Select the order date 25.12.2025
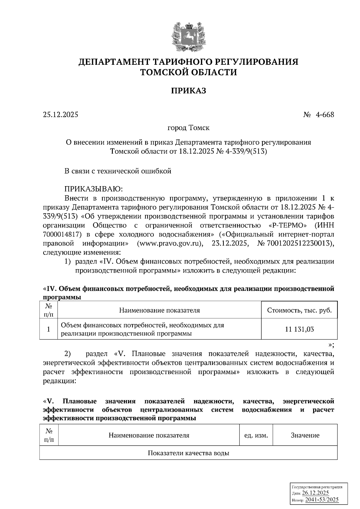60,115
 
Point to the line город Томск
188,128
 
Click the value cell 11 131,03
299,329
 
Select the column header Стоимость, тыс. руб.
299,310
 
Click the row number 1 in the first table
48,329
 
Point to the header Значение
305,435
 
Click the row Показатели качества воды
188,453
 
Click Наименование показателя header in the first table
159,310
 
